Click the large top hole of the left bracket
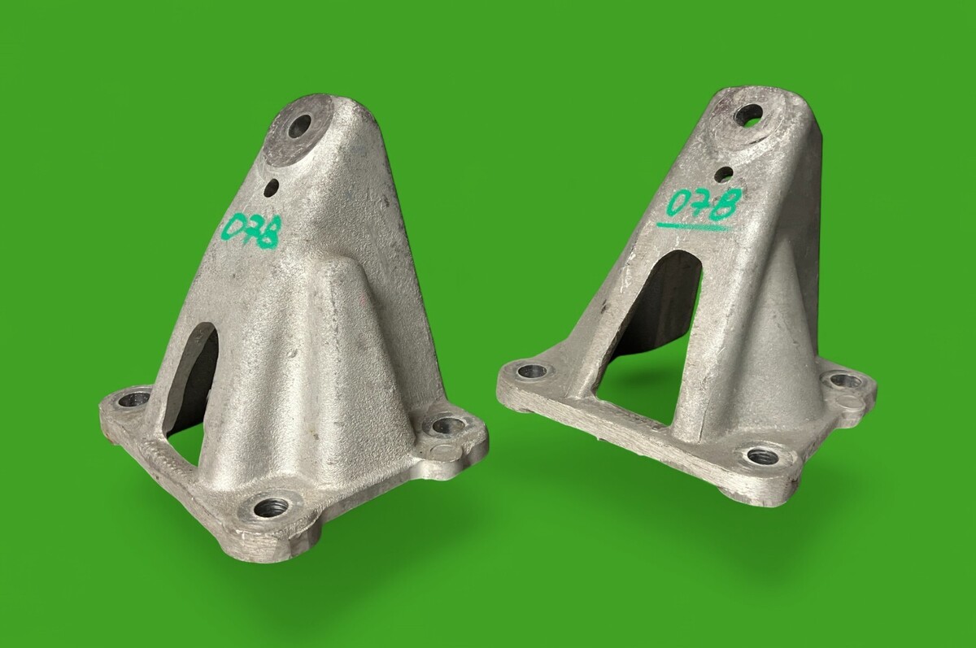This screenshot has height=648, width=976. pos(300,125)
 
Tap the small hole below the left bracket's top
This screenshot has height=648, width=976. pos(272,188)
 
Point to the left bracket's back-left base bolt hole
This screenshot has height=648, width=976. pos(133,399)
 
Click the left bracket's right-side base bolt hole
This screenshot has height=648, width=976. pos(448,425)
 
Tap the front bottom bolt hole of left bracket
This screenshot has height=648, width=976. pos(271,508)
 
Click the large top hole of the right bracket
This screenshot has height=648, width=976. pos(748,114)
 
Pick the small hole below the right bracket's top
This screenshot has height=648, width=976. pos(724,174)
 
